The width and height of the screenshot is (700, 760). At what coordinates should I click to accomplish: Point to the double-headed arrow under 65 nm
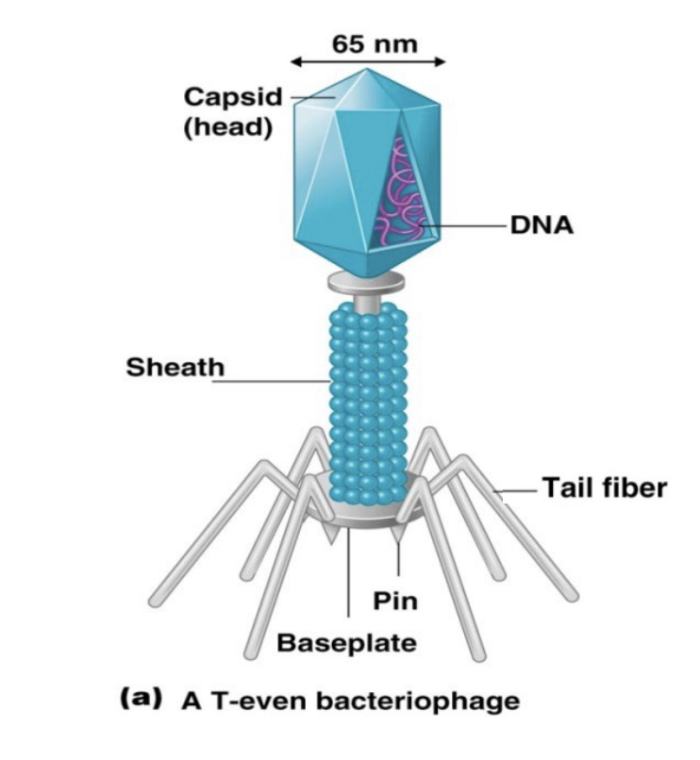(x=368, y=63)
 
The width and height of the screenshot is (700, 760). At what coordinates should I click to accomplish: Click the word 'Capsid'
(x=231, y=97)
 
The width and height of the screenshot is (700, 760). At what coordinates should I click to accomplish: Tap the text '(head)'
(x=227, y=127)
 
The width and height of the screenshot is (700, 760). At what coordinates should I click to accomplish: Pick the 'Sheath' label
(x=175, y=368)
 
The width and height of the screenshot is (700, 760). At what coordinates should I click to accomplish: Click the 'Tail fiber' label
(x=604, y=488)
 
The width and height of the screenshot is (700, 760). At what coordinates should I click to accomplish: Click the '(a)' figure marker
(x=139, y=700)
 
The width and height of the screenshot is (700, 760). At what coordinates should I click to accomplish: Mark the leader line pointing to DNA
(x=462, y=226)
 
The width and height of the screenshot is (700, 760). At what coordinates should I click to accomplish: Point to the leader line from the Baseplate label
(x=349, y=575)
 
